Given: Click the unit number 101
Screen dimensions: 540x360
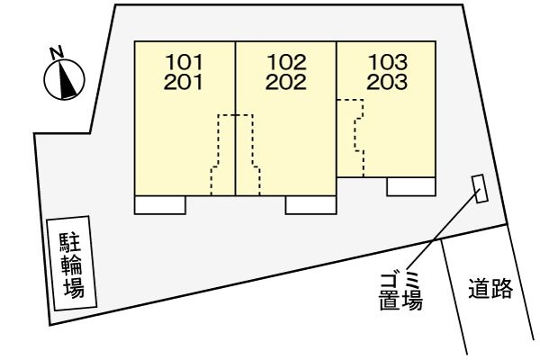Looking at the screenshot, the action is [184, 62].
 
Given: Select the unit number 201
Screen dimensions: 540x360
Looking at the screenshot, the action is [183, 82].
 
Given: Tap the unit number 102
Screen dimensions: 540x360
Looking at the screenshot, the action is [286, 62].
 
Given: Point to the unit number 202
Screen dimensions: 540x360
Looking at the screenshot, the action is [286, 82].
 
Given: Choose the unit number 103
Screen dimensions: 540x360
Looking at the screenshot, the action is [388, 62].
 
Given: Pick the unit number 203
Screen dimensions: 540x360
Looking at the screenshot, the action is [387, 82].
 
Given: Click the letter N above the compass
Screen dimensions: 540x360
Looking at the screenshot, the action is [57, 52].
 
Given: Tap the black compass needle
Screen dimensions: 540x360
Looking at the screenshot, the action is [67, 78].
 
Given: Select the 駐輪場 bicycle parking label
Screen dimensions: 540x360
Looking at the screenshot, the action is [72, 265].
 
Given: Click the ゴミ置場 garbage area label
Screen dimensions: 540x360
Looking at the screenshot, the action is [400, 292].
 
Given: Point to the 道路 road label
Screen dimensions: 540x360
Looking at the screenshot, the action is [490, 288].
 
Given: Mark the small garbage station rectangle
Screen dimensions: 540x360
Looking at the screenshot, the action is [480, 188].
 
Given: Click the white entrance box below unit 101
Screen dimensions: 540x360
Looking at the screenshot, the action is [160, 205].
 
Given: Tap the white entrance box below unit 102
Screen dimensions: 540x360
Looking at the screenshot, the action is [310, 205].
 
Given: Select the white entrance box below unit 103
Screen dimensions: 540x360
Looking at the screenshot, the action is [411, 186].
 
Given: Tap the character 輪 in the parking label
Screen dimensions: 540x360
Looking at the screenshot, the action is [72, 265].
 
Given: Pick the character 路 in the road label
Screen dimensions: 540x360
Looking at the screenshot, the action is [502, 288].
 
